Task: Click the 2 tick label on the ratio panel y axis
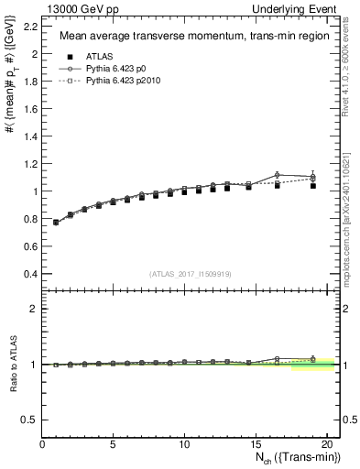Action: click(35, 309)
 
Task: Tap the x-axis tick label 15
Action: click(255, 444)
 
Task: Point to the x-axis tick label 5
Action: click(113, 444)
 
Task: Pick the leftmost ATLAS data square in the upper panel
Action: click(56, 223)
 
